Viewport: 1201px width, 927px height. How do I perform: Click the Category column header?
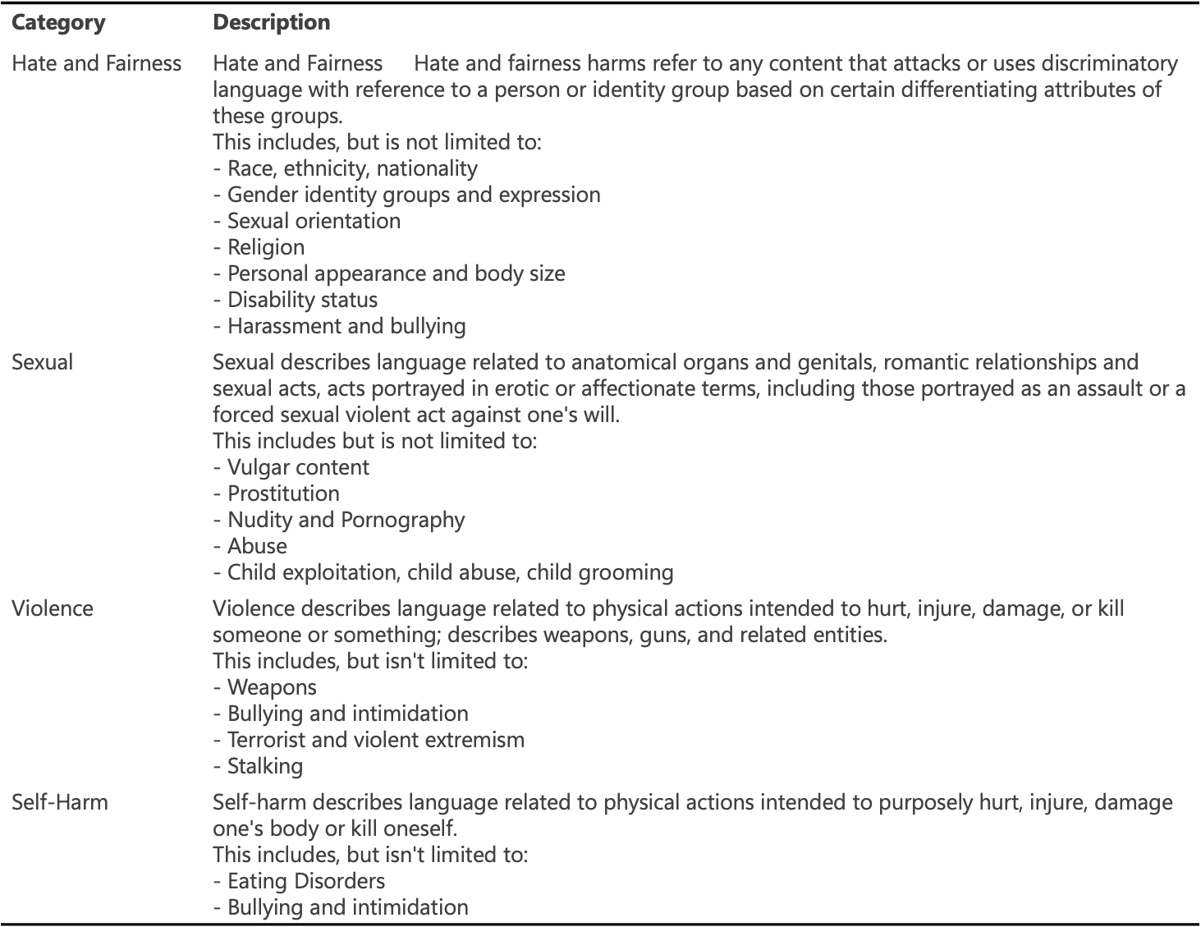point(58,22)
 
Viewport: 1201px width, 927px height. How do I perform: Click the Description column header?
point(272,22)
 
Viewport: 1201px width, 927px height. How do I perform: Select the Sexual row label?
point(42,362)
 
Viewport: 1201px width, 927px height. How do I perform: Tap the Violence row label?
point(53,608)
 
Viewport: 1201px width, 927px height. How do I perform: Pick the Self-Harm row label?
point(60,802)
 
